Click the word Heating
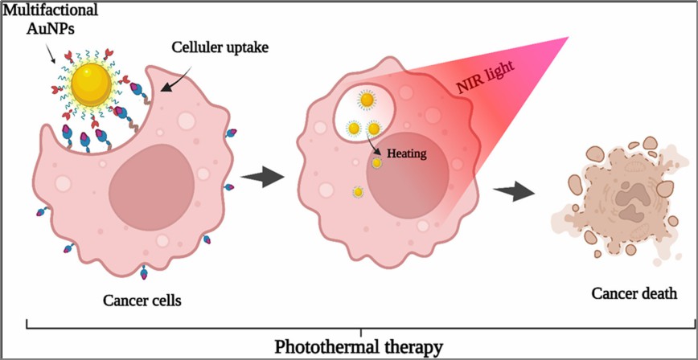(407, 151)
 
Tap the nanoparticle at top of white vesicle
(367, 100)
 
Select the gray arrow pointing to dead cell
(515, 191)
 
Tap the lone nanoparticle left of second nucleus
(358, 192)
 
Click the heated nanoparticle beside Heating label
(376, 163)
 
